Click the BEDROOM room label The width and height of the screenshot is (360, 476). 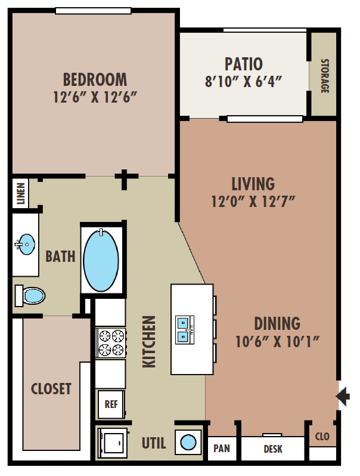pyautogui.click(x=95, y=79)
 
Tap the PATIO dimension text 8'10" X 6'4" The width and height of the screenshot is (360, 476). pyautogui.click(x=244, y=81)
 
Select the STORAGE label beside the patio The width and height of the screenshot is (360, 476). pyautogui.click(x=325, y=76)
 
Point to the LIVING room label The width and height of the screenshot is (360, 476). pyautogui.click(x=253, y=184)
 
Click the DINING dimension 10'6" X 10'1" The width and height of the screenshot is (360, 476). pyautogui.click(x=278, y=342)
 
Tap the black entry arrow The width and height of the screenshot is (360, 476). pyautogui.click(x=343, y=397)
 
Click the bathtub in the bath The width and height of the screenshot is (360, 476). pyautogui.click(x=101, y=261)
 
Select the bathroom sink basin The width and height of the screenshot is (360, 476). pyautogui.click(x=26, y=244)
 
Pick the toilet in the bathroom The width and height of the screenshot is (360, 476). pyautogui.click(x=30, y=295)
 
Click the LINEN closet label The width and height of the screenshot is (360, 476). pyautogui.click(x=21, y=193)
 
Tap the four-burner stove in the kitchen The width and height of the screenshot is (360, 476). pyautogui.click(x=111, y=343)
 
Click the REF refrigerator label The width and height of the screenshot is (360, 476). pyautogui.click(x=111, y=404)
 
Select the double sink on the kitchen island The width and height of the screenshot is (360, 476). pyautogui.click(x=185, y=330)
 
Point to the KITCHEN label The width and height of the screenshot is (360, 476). pyautogui.click(x=149, y=342)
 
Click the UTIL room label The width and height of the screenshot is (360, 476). pyautogui.click(x=154, y=443)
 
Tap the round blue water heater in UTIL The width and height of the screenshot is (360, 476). pyautogui.click(x=188, y=442)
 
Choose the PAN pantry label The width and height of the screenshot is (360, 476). pyautogui.click(x=222, y=449)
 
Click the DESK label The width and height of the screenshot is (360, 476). pyautogui.click(x=273, y=449)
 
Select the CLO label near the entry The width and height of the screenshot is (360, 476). pyautogui.click(x=322, y=436)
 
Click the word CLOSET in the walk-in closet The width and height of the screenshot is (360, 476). pyautogui.click(x=51, y=389)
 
